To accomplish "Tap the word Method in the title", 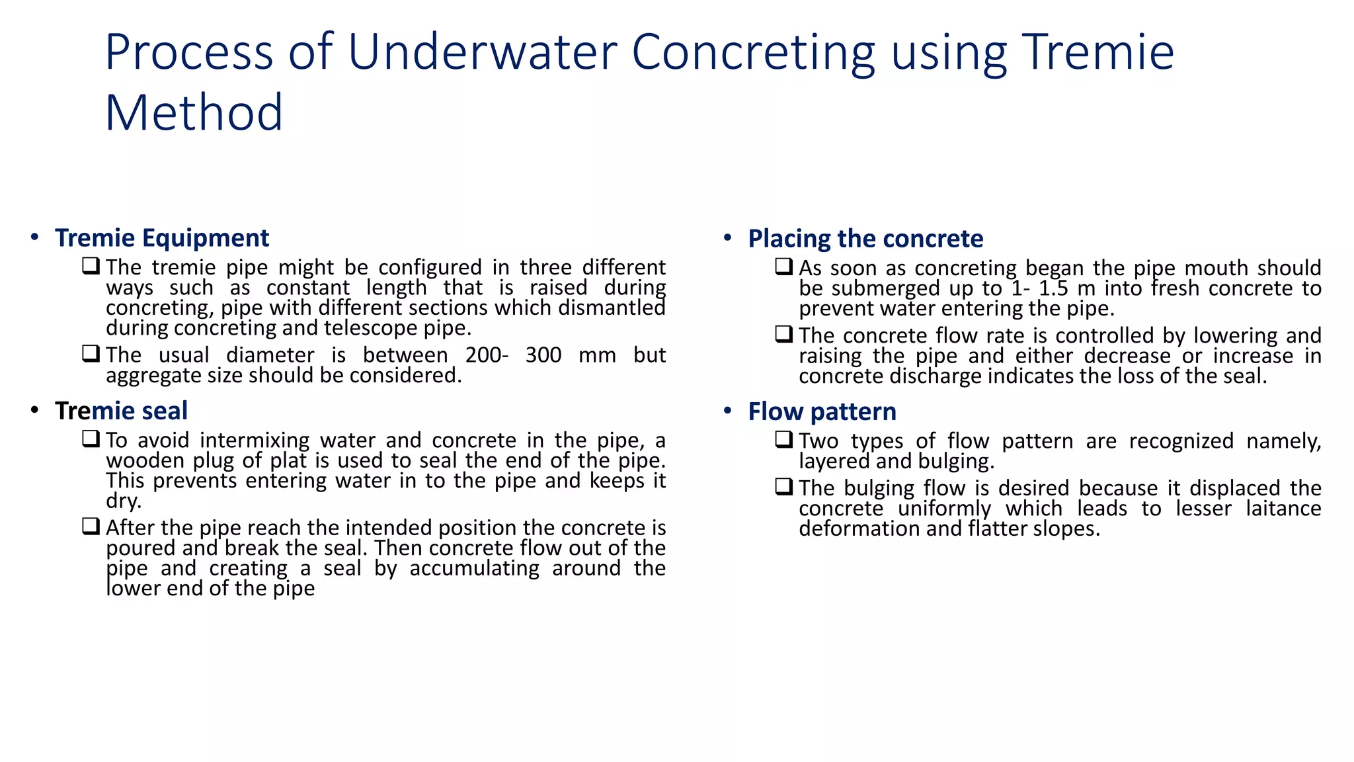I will tap(194, 113).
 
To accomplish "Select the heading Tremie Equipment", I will tap(162, 238).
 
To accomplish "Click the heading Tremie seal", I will tap(121, 411).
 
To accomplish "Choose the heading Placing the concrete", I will tap(865, 239).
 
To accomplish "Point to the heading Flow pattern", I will tap(822, 412).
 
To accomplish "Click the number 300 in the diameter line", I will tap(543, 355).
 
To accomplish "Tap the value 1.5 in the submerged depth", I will tap(1053, 288).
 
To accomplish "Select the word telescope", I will tap(372, 328).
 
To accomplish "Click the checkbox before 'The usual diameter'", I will tap(91, 354).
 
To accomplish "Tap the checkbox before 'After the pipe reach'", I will tap(91, 527).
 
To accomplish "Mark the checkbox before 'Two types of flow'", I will tap(784, 439).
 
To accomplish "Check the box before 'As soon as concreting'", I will tap(784, 267).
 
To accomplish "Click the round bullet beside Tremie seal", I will tap(34, 411).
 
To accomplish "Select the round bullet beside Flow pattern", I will tap(728, 411).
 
